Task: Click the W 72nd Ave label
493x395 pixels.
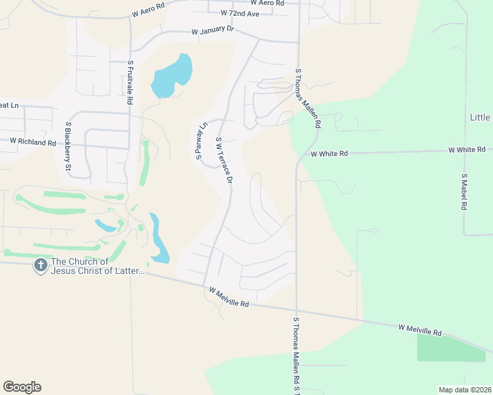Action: click(241, 13)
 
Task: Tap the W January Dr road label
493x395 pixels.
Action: click(213, 31)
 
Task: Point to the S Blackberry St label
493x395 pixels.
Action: click(68, 147)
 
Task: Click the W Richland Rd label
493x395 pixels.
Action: click(32, 142)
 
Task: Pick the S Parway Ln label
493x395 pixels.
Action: click(201, 140)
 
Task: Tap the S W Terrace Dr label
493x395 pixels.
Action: click(224, 160)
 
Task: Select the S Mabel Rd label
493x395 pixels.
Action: click(464, 192)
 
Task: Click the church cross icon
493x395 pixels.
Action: click(40, 265)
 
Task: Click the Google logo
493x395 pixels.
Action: click(22, 387)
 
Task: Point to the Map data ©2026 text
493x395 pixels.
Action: click(464, 390)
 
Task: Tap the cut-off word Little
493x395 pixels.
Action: click(480, 117)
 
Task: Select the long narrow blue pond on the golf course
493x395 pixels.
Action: click(159, 236)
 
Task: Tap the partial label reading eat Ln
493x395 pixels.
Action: click(8, 105)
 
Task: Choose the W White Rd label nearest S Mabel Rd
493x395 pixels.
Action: click(466, 149)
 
